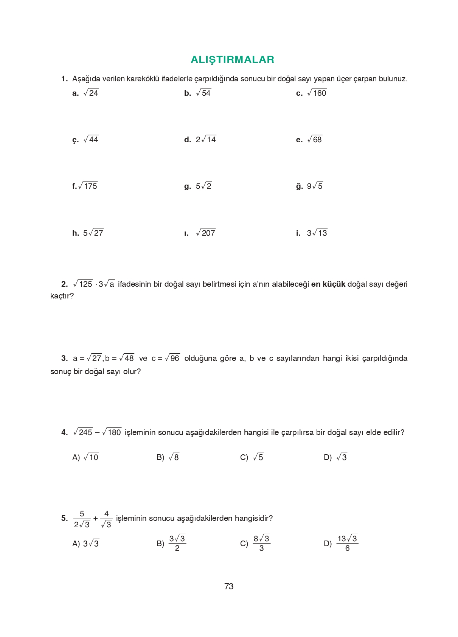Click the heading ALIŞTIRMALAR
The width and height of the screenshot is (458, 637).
pyautogui.click(x=232, y=59)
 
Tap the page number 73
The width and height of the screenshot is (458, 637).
pyautogui.click(x=229, y=586)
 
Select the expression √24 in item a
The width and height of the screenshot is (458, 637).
pyautogui.click(x=91, y=93)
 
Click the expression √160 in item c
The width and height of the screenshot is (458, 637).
pyautogui.click(x=317, y=93)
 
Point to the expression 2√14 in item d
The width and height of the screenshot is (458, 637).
pyautogui.click(x=206, y=140)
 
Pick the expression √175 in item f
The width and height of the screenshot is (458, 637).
pyautogui.click(x=88, y=186)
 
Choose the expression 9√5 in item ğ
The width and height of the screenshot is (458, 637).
pyautogui.click(x=315, y=186)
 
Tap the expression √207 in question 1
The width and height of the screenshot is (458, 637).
pyautogui.click(x=206, y=233)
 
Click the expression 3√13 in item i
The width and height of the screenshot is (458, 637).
pyautogui.click(x=317, y=233)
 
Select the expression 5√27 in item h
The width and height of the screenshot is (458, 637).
pyautogui.click(x=93, y=233)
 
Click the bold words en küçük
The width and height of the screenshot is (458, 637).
pyautogui.click(x=328, y=284)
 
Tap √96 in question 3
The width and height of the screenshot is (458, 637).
pyautogui.click(x=172, y=358)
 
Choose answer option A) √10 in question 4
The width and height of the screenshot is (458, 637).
pyautogui.click(x=85, y=457)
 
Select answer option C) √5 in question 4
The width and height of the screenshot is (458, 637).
pyautogui.click(x=252, y=457)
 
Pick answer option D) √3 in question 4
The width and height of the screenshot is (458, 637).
pyautogui.click(x=335, y=457)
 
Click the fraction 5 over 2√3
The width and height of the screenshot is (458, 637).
pyautogui.click(x=82, y=519)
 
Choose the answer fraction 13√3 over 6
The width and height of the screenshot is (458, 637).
pyautogui.click(x=347, y=543)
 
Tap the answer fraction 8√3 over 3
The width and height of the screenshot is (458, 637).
pyautogui.click(x=261, y=543)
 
